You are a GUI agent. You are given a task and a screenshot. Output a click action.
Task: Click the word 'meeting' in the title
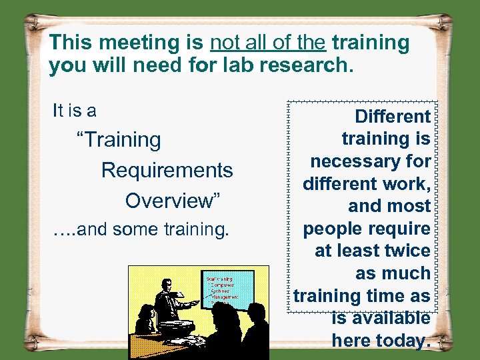click(x=148, y=43)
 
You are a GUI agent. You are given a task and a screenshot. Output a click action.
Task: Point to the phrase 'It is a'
click(x=74, y=110)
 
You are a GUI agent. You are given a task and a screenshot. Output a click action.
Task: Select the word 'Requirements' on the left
click(x=167, y=170)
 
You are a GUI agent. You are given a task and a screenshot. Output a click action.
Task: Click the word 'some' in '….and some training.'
click(x=137, y=230)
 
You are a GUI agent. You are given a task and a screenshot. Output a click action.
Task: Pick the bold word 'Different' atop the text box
click(x=392, y=117)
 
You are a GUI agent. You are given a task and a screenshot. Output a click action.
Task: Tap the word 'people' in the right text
click(x=331, y=229)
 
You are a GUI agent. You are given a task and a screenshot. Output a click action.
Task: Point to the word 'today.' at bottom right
click(x=381, y=340)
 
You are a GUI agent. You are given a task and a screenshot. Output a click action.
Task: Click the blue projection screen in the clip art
click(x=229, y=289)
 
